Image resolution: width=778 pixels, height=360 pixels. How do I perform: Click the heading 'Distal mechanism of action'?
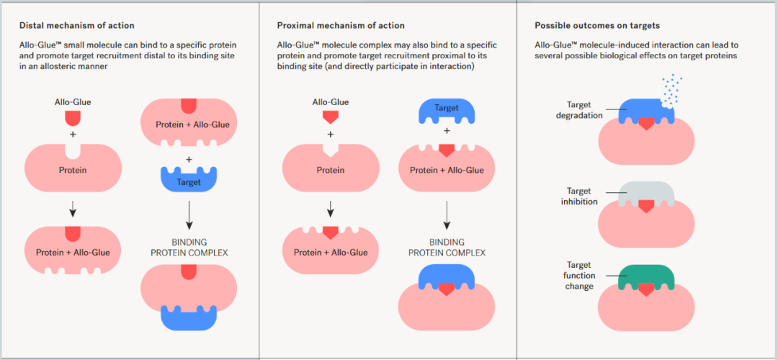click(x=76, y=24)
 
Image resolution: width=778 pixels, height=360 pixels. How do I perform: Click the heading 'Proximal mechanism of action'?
click(x=340, y=24)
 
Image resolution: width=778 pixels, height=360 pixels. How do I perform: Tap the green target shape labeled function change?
click(x=646, y=279)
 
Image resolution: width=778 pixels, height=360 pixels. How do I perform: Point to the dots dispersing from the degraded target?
click(x=670, y=89)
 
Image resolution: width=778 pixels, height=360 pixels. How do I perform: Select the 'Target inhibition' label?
click(x=581, y=196)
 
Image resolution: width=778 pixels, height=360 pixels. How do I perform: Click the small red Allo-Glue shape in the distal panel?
click(x=73, y=118)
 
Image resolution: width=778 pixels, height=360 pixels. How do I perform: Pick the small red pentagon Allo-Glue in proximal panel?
click(x=331, y=117)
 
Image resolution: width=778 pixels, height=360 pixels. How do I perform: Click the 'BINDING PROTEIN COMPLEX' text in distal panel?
click(x=189, y=247)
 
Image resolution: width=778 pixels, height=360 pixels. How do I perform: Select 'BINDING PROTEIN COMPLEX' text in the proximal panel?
click(x=447, y=247)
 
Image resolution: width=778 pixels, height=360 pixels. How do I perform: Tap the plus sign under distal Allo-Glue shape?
click(x=73, y=135)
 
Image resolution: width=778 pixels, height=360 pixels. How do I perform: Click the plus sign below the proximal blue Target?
click(x=447, y=132)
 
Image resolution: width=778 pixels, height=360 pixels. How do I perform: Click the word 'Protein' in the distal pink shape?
click(x=73, y=171)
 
